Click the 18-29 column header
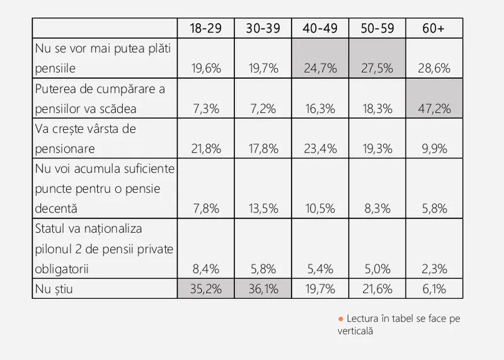[x=206, y=29]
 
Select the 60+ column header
[x=435, y=29]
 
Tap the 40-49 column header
[x=320, y=29]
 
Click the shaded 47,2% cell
[x=435, y=108]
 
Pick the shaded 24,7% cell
[x=320, y=68]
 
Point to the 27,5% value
[x=377, y=68]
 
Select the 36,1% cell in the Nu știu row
[x=263, y=289]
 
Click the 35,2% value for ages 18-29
[x=206, y=289]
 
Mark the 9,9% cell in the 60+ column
[x=435, y=148]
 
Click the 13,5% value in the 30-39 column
[x=263, y=209]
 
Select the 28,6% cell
[x=435, y=68]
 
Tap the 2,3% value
[x=435, y=269]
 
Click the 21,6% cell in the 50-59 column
[x=377, y=289]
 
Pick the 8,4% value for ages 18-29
[x=206, y=269]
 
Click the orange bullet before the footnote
[x=341, y=319]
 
